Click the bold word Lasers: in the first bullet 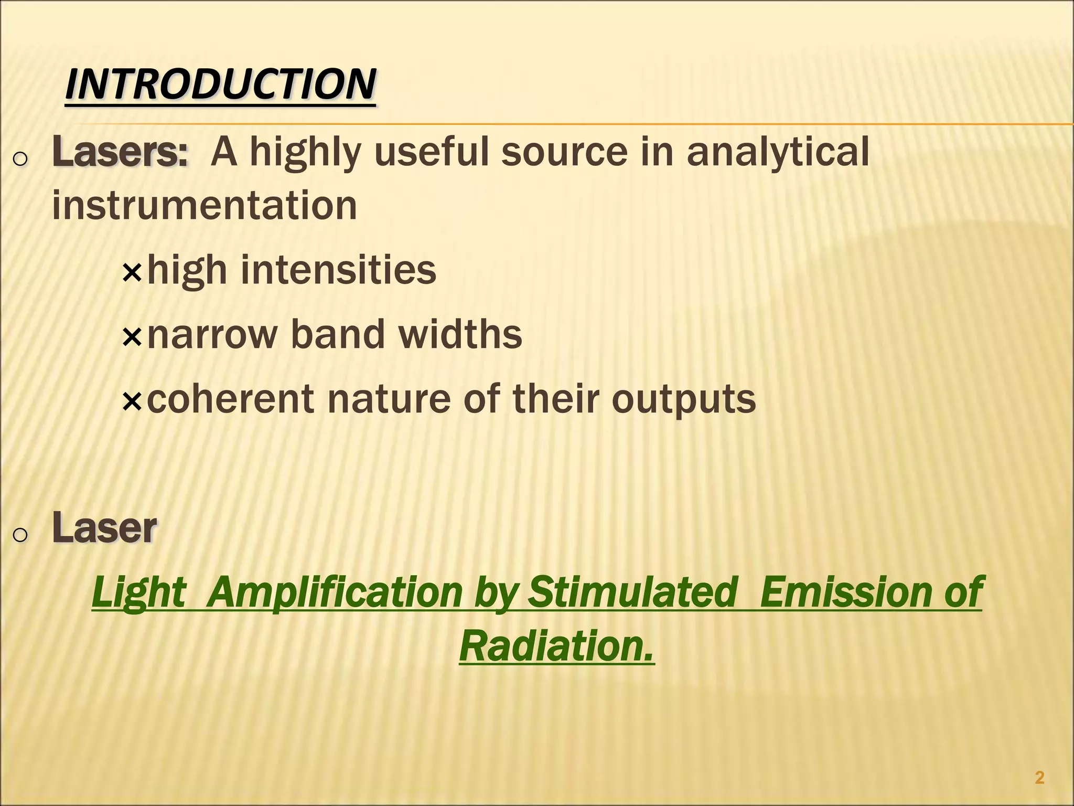pyautogui.click(x=120, y=152)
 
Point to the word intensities pyautogui.click(x=338, y=270)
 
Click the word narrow pyautogui.click(x=212, y=335)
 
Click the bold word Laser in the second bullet pyautogui.click(x=104, y=528)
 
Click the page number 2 pyautogui.click(x=1039, y=778)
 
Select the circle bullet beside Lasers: pyautogui.click(x=19, y=159)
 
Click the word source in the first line pyautogui.click(x=564, y=152)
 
